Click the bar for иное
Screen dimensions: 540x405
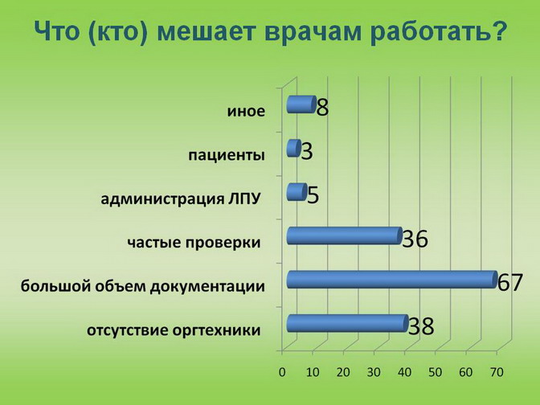click(301, 104)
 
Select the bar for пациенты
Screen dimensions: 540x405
click(294, 148)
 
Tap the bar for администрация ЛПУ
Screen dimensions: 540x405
click(297, 192)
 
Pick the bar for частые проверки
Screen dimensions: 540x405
click(345, 235)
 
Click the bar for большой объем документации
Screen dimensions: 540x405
click(392, 280)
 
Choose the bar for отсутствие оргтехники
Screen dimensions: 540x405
click(347, 323)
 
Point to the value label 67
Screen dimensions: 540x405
click(510, 282)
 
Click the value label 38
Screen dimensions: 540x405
click(421, 326)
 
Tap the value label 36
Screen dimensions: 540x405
click(415, 239)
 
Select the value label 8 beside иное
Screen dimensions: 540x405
click(323, 108)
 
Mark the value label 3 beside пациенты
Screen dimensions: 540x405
click(307, 151)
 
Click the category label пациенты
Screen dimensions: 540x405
click(227, 155)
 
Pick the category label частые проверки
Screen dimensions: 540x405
click(194, 243)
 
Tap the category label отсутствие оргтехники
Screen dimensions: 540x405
click(174, 330)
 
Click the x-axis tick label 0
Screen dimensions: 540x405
click(282, 372)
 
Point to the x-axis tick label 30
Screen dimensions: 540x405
click(374, 372)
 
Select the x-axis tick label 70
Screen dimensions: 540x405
click(497, 372)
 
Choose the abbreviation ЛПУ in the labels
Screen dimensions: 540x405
click(243, 198)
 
